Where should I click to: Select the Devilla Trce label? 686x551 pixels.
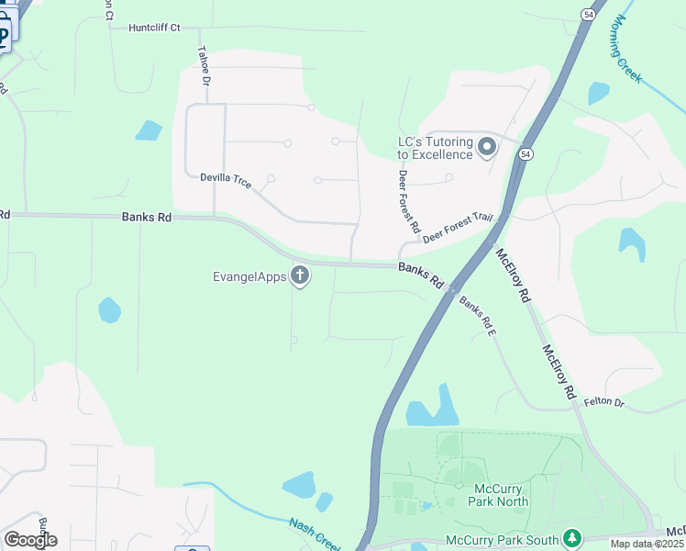click(226, 177)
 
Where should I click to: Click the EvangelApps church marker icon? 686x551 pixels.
click(300, 275)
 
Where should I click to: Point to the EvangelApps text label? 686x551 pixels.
click(249, 275)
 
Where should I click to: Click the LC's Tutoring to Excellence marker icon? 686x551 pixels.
click(487, 147)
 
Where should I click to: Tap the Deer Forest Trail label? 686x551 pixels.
click(458, 229)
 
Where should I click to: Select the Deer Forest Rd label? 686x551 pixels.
click(408, 201)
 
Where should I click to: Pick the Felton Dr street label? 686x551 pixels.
click(603, 402)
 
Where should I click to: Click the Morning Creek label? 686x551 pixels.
click(629, 49)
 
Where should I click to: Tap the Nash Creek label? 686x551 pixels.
click(315, 534)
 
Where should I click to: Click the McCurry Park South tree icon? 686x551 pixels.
click(572, 536)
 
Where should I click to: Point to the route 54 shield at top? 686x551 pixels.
click(588, 15)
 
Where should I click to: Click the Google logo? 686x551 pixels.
click(30, 539)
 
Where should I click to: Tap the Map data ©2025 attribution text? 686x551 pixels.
click(647, 544)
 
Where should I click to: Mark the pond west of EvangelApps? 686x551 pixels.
click(110, 310)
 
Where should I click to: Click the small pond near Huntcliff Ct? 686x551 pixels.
click(149, 130)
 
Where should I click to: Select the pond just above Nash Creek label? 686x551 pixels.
click(300, 485)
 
